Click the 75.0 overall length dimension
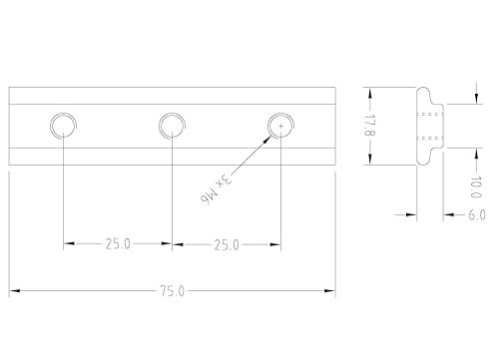[x=172, y=291]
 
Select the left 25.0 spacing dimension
[x=118, y=244]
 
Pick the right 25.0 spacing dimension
[x=227, y=245]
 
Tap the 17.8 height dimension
[x=369, y=126]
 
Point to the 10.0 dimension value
[x=476, y=187]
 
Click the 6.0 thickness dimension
[x=477, y=215]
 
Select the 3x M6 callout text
[x=216, y=188]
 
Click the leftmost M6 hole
[x=63, y=126]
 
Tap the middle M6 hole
[x=172, y=126]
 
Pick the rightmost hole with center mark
[x=280, y=126]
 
